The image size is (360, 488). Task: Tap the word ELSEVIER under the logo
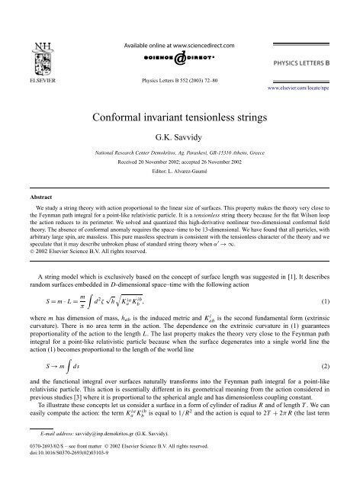(32, 78)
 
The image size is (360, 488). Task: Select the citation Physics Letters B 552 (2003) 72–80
(180, 79)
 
